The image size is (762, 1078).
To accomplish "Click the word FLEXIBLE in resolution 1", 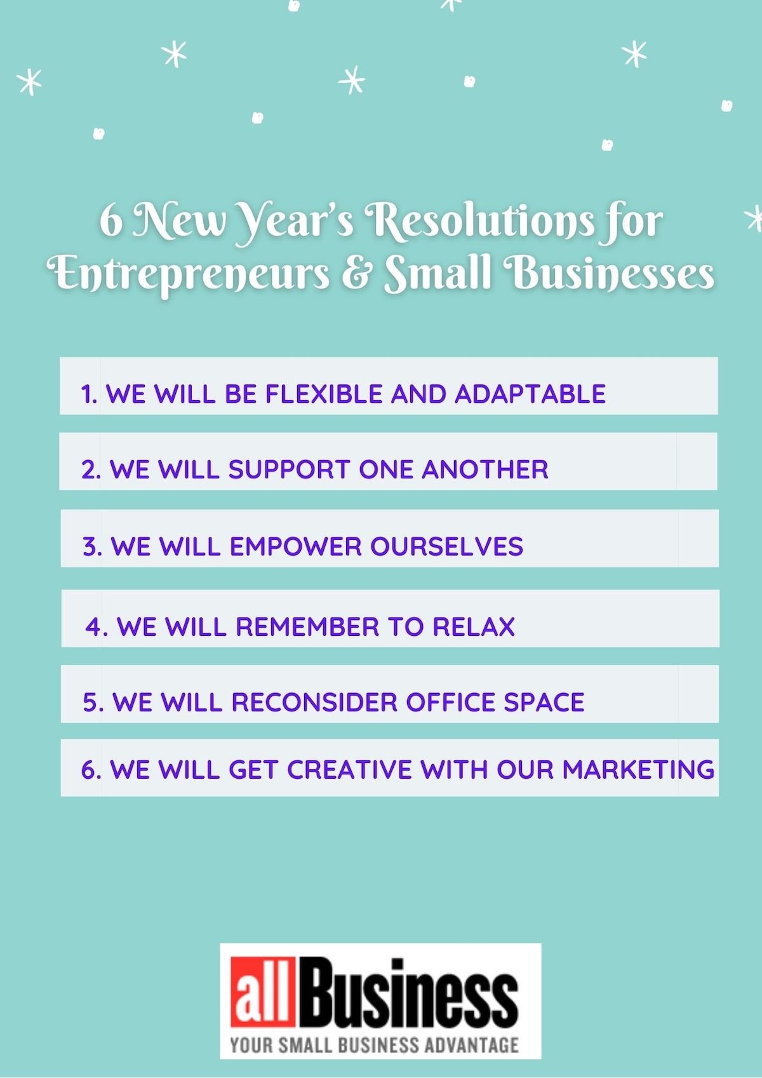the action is click(324, 394).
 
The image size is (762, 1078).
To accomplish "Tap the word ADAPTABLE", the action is click(530, 394).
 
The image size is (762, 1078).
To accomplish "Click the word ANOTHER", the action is click(485, 469).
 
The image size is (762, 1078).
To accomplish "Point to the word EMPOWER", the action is click(295, 546).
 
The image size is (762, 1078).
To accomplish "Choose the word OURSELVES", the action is click(446, 546).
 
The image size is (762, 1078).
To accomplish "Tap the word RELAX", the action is click(473, 626).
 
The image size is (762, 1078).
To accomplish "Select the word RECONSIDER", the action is click(314, 702).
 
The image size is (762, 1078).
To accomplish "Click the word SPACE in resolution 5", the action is click(544, 702).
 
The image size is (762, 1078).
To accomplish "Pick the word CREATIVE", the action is click(349, 769).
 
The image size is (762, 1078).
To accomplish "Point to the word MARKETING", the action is click(638, 769).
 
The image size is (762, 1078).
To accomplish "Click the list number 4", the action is click(93, 626).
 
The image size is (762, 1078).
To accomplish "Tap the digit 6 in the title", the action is click(110, 222).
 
